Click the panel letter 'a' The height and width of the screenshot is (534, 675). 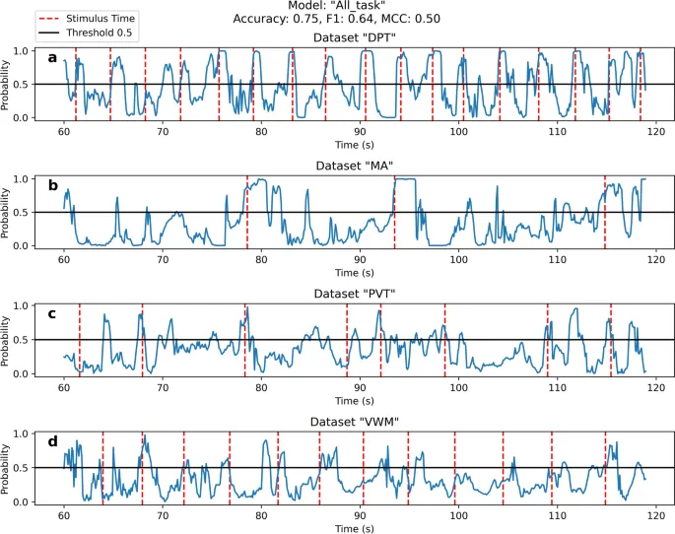(x=52, y=58)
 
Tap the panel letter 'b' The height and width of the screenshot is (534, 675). (x=52, y=185)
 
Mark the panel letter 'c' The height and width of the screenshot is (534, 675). (x=52, y=313)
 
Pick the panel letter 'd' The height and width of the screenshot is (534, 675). (x=52, y=441)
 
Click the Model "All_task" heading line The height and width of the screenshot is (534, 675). (x=337, y=6)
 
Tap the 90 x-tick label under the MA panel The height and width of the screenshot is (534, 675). (x=360, y=259)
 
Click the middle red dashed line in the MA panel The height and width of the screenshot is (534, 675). (x=394, y=212)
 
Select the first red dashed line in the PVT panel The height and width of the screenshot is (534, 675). (x=80, y=340)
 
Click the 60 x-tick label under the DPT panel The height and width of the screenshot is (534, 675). (x=64, y=131)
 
